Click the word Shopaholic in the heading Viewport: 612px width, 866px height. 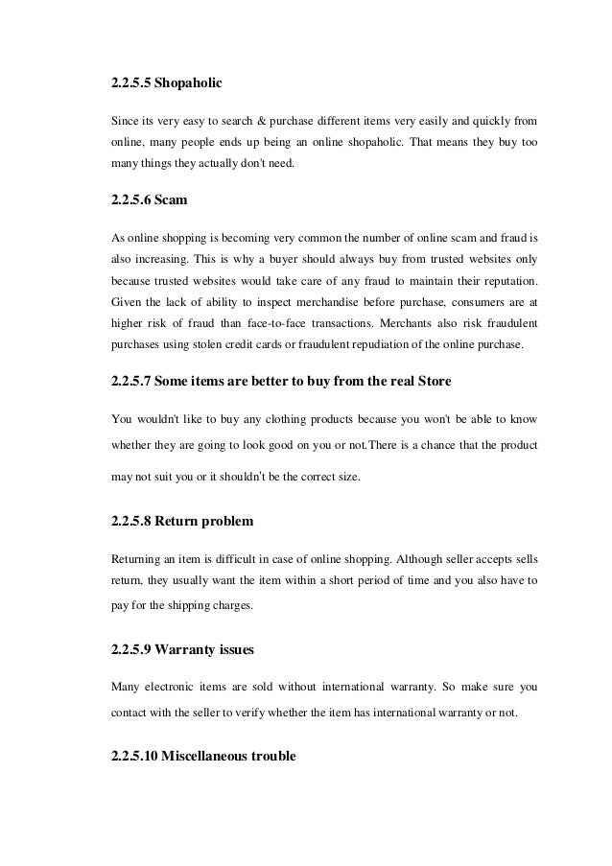(x=189, y=84)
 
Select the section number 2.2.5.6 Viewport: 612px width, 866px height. (x=131, y=203)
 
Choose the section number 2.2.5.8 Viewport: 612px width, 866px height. (x=131, y=522)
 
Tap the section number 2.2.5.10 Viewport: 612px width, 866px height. (x=135, y=756)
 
